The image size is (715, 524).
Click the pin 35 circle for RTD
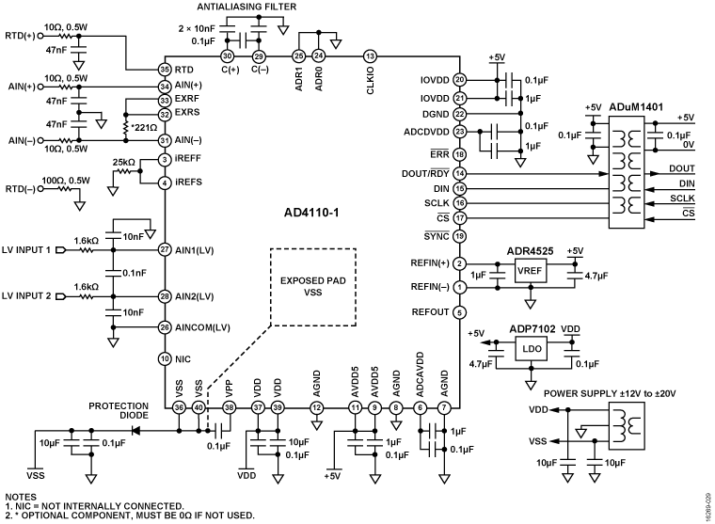164,69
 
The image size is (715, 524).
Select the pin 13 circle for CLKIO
370,56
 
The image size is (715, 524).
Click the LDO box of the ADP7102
532,348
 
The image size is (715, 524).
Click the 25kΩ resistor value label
123,162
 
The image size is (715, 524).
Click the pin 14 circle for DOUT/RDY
459,174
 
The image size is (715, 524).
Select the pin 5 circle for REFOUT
459,312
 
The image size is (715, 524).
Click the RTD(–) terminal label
21,188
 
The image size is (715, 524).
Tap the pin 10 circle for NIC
164,357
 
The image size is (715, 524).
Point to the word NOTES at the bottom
20,496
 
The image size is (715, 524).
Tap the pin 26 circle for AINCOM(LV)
164,327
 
